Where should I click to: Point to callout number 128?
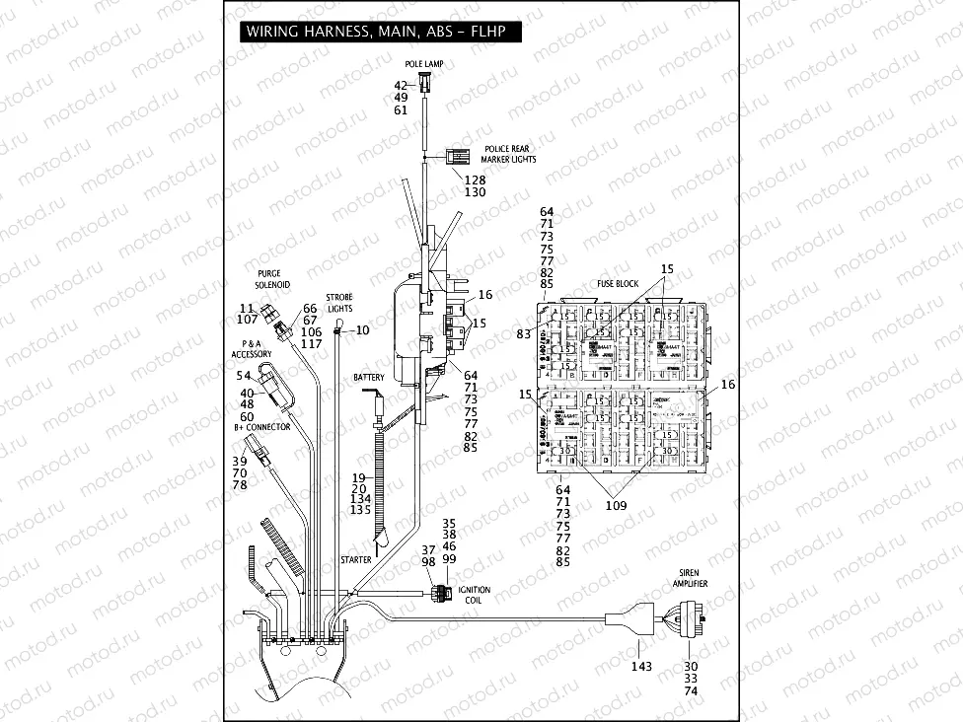(475, 180)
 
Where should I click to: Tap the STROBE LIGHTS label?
(339, 302)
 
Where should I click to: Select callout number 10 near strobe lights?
(362, 330)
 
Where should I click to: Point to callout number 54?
(243, 376)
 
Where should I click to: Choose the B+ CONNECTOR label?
(262, 427)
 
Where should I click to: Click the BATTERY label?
(368, 378)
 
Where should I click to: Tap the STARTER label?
(355, 559)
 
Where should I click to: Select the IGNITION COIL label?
(475, 596)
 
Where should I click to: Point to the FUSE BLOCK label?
(618, 284)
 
